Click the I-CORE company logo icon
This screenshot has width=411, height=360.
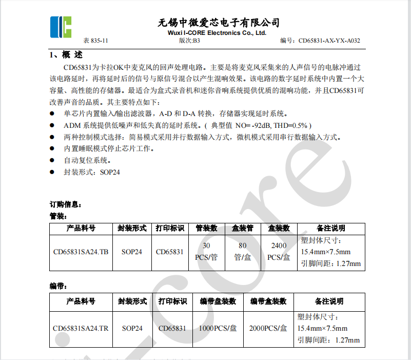[x=61, y=27]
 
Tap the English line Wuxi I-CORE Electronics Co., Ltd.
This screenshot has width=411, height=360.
[x=218, y=33]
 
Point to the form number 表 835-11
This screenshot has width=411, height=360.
[x=96, y=41]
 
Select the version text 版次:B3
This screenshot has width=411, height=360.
[x=189, y=41]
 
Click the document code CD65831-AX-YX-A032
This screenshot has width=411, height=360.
[x=329, y=41]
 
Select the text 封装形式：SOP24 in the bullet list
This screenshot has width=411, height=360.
[x=92, y=173]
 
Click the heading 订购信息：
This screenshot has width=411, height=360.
[x=65, y=204]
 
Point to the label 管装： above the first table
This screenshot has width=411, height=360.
[x=58, y=216]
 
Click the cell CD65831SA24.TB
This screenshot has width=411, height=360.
[x=81, y=252]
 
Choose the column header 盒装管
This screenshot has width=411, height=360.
[x=243, y=229]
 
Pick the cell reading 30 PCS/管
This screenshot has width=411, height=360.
[x=206, y=252]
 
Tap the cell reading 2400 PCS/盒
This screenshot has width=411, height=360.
[x=279, y=252]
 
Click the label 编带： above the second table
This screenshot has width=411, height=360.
[x=58, y=286]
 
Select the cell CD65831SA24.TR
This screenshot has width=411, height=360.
[x=81, y=328]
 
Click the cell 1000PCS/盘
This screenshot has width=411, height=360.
[x=218, y=328]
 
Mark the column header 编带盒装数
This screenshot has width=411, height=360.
[x=268, y=301]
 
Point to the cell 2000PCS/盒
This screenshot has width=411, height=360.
[x=268, y=328]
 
